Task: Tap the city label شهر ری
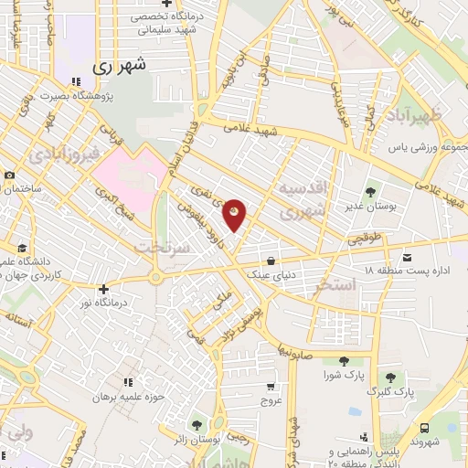coord(120,67)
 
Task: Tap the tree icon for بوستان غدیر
coord(369,192)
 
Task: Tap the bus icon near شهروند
coord(425,427)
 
